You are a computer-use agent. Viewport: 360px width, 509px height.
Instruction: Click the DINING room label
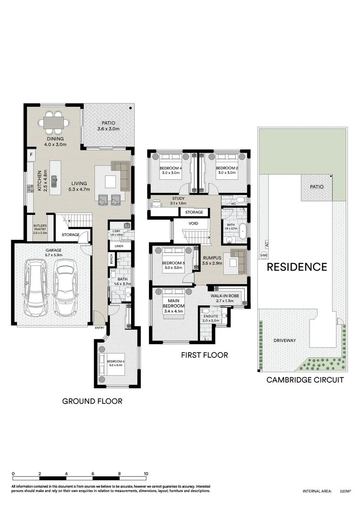53,139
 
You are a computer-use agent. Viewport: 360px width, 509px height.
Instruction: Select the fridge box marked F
31,154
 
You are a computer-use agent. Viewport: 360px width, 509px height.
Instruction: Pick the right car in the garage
65,288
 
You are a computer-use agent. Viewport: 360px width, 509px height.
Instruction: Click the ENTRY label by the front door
100,328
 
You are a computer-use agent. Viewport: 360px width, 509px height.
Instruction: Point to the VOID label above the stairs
194,223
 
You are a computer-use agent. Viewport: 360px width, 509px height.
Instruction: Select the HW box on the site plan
263,255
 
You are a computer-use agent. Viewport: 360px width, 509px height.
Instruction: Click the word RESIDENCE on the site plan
297,267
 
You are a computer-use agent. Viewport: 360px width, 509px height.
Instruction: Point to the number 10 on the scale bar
146,474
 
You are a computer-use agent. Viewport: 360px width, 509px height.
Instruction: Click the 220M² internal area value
345,491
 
